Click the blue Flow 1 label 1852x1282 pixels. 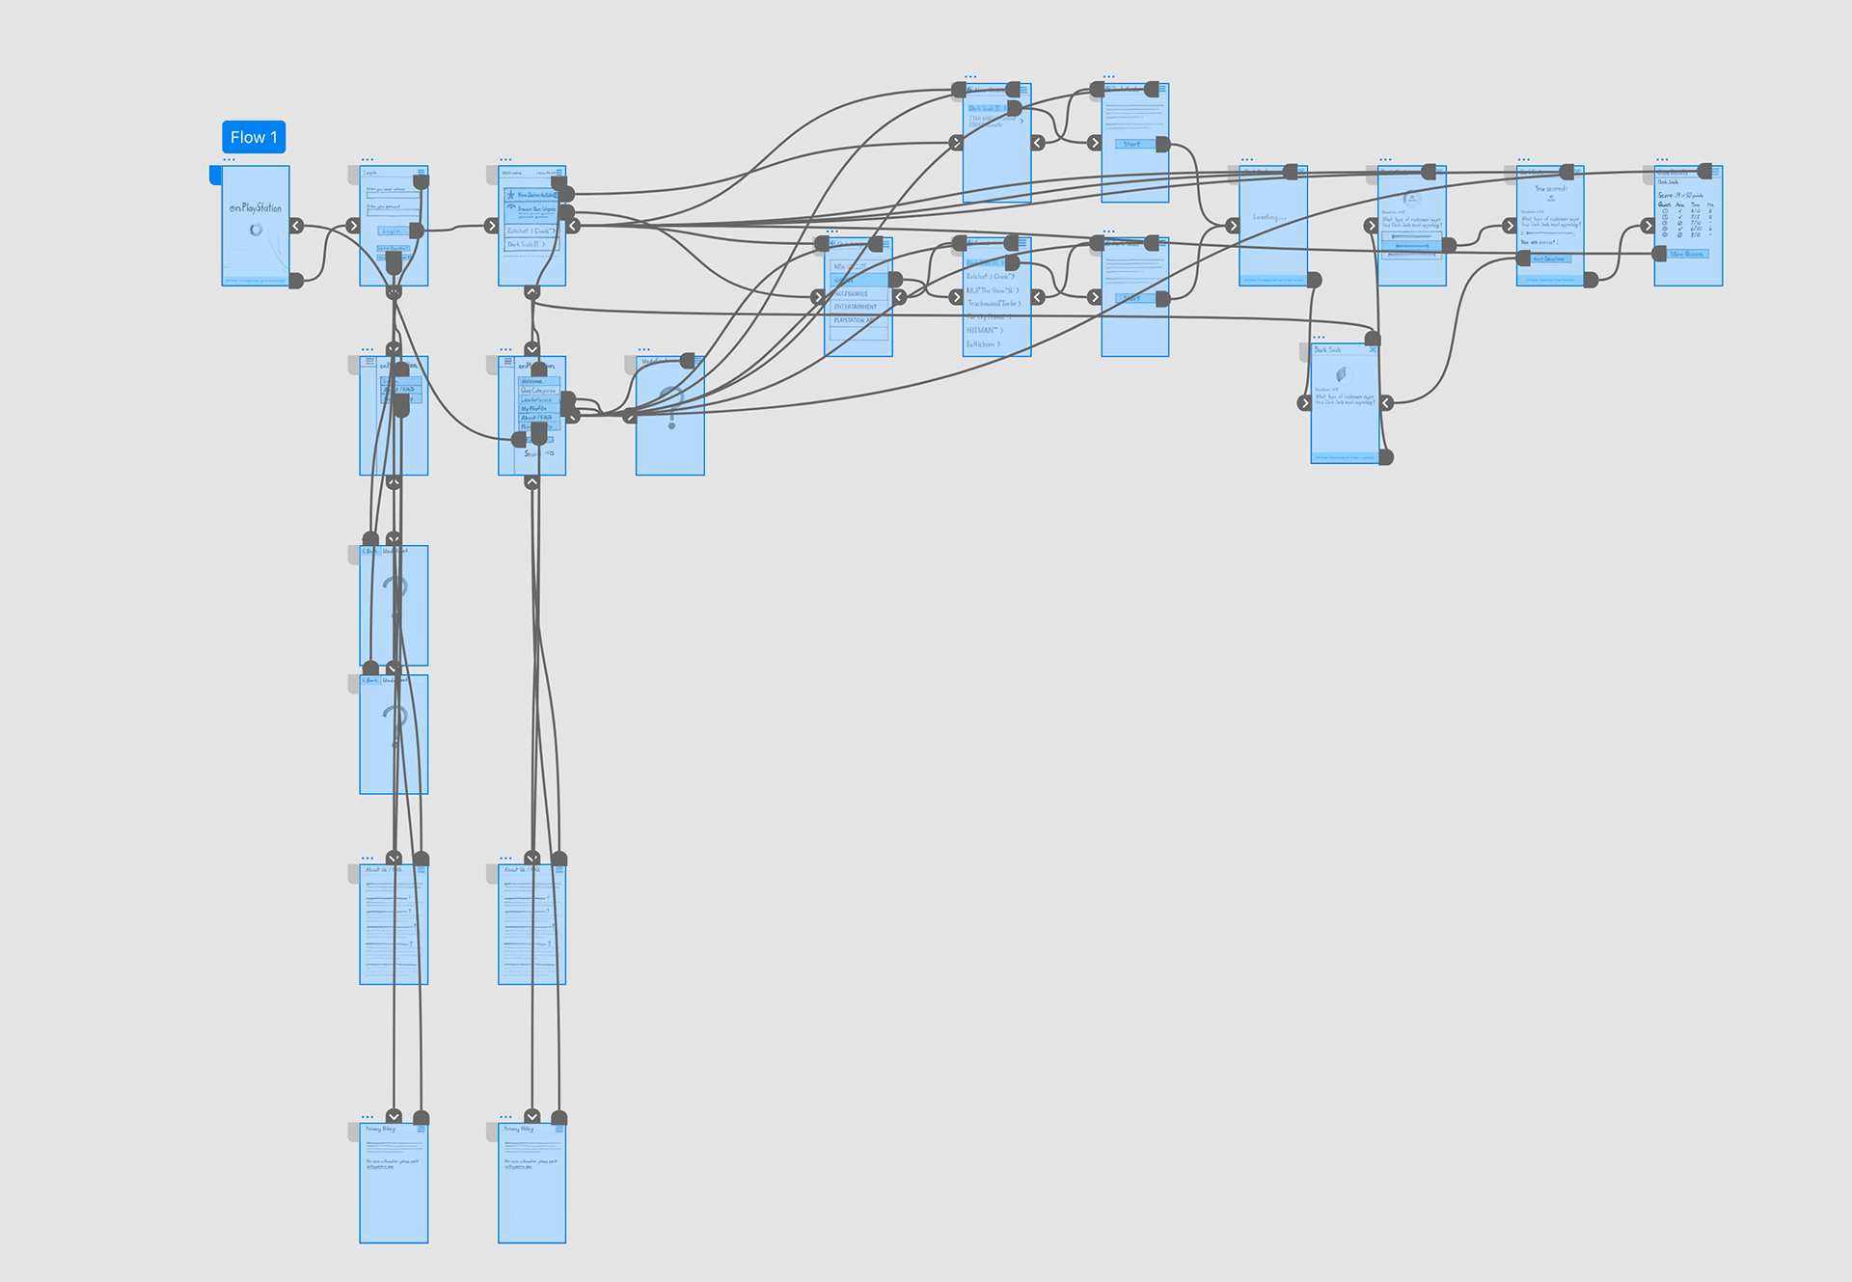click(254, 137)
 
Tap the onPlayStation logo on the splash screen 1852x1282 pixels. click(256, 207)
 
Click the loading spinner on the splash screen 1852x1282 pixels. click(256, 230)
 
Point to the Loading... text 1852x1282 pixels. click(1268, 217)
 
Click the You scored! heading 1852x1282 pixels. click(1550, 188)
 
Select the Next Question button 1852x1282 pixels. click(1549, 259)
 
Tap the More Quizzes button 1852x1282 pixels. click(1687, 254)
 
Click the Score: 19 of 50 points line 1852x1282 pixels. click(1680, 195)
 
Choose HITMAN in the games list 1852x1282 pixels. click(985, 330)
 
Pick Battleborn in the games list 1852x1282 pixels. click(983, 343)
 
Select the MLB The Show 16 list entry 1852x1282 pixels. click(992, 290)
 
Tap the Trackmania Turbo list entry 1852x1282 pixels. click(994, 303)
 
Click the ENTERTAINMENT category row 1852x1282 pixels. click(857, 307)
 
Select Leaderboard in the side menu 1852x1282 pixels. click(537, 399)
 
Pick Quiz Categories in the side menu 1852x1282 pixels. click(538, 391)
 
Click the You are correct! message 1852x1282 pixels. click(1539, 242)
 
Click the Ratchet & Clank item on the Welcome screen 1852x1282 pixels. click(530, 232)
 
